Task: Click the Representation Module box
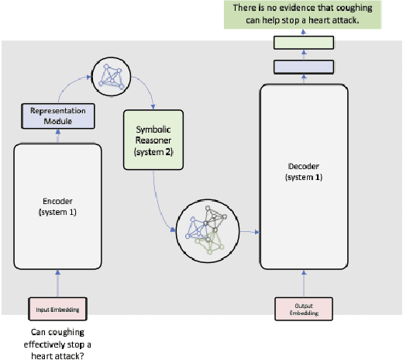[x=57, y=116]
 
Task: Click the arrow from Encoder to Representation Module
[x=57, y=136]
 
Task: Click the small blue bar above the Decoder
[x=298, y=67]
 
